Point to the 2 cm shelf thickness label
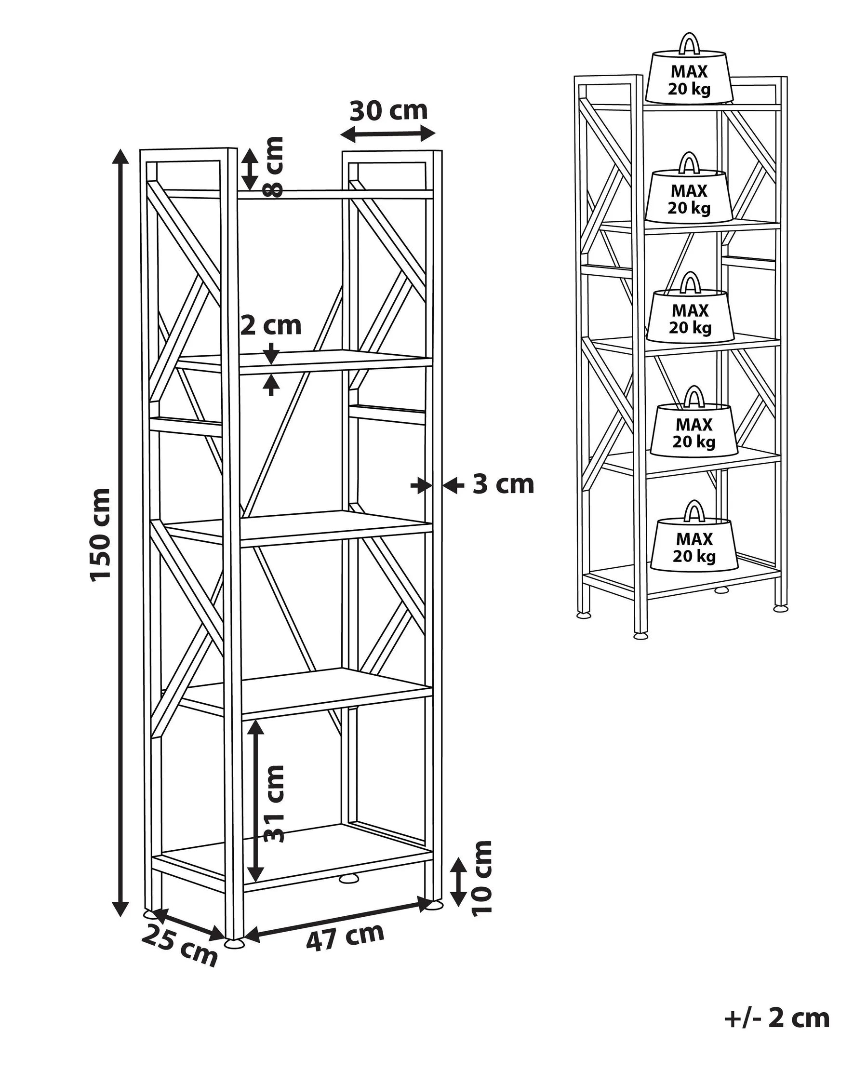point(271,325)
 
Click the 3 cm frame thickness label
point(503,484)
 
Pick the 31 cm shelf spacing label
point(275,804)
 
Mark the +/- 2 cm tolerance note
point(776,1018)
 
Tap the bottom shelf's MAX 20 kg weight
point(694,548)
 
